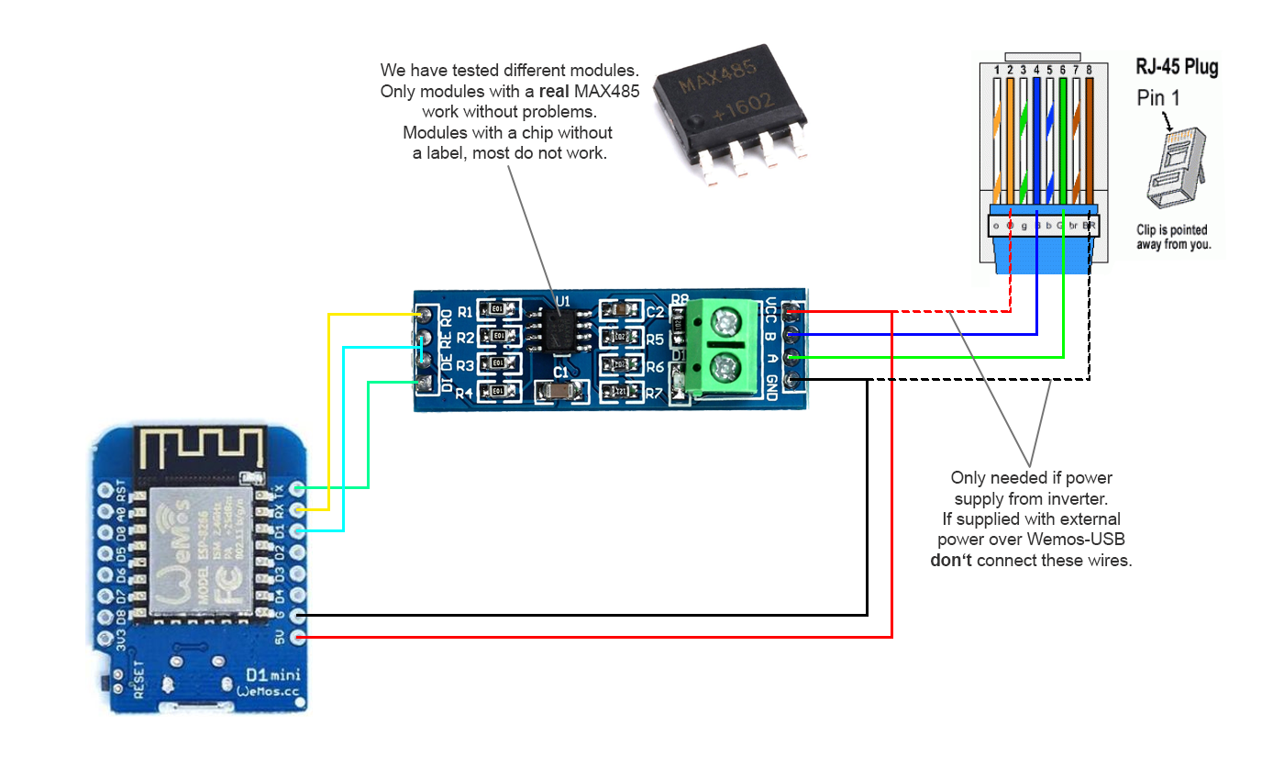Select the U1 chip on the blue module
click(x=559, y=331)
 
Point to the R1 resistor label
click(x=465, y=311)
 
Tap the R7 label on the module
click(x=654, y=394)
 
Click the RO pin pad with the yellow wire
click(x=424, y=316)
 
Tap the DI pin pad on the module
click(x=424, y=384)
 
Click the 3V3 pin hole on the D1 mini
click(x=104, y=636)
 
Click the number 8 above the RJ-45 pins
click(x=1089, y=70)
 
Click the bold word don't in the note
click(x=951, y=561)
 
